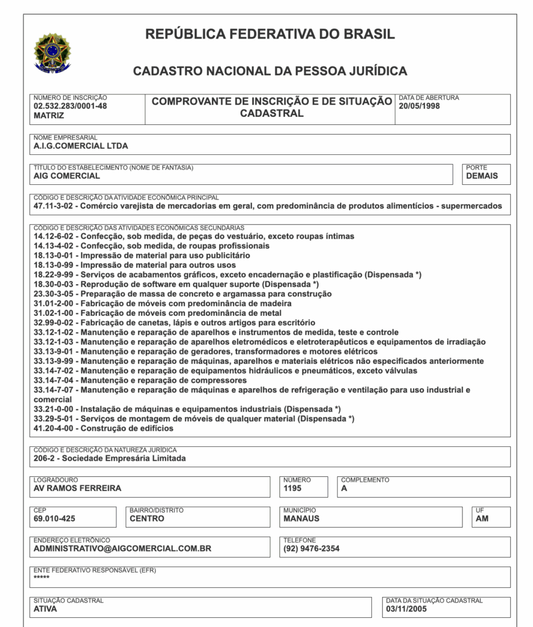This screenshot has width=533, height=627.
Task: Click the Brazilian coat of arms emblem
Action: (52, 51)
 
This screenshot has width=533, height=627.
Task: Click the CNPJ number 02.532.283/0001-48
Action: (70, 106)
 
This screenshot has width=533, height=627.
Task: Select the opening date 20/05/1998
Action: (419, 106)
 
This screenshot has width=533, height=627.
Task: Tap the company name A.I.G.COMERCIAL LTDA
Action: (81, 146)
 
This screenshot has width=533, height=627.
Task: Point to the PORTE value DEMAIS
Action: (482, 176)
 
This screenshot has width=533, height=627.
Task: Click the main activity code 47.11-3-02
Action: (53, 206)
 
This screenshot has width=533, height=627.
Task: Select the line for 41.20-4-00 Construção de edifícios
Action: (104, 429)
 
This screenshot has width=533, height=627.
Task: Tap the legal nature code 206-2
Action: (45, 458)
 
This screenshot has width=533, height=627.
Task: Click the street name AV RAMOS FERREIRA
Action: (77, 488)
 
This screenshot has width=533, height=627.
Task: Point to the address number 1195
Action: (293, 488)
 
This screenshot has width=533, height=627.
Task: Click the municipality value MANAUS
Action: (301, 518)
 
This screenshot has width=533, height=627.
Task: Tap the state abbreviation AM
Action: (482, 518)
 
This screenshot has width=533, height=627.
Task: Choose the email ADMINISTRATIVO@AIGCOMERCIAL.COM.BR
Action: (123, 549)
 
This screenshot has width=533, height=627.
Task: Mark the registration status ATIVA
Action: (45, 609)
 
